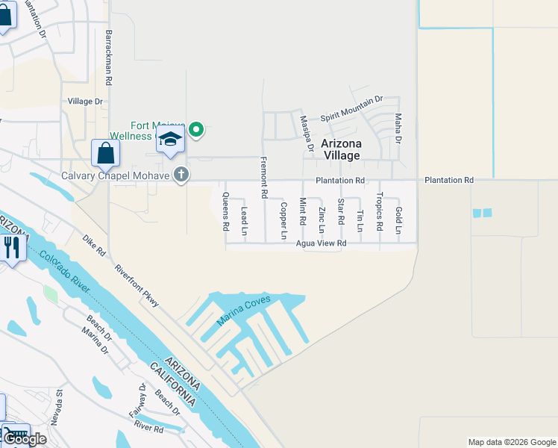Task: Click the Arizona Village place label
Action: pos(341,149)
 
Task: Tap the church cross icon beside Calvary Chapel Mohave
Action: pos(180,175)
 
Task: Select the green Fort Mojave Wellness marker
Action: pos(196,131)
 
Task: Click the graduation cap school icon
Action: pos(171,139)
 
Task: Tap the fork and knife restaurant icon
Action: pos(11,246)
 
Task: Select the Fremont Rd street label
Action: pos(264,177)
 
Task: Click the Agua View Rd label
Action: pos(322,243)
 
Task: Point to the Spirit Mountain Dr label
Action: pos(351,110)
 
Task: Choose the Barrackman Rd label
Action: pos(109,57)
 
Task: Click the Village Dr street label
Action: pos(85,102)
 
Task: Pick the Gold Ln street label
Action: pos(398,222)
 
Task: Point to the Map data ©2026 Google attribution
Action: pos(512,442)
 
